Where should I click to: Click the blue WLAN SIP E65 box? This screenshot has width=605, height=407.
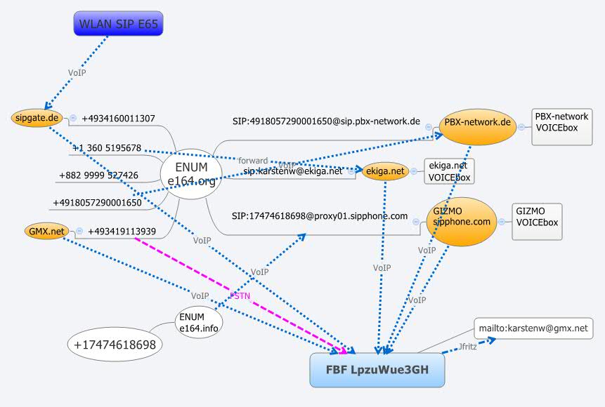[119, 25]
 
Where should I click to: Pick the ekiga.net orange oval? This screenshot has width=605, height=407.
[385, 171]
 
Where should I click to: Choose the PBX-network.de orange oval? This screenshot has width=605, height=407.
[477, 123]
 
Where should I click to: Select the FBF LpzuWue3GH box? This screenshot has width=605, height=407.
[377, 369]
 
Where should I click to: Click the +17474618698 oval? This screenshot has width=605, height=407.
[116, 345]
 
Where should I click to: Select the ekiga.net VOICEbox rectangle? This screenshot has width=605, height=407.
[448, 171]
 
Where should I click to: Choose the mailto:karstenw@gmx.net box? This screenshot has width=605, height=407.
[533, 328]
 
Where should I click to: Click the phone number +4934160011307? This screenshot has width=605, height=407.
[119, 119]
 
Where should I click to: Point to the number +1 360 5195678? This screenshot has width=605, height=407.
[107, 148]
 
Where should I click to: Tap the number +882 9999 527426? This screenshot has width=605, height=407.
[98, 175]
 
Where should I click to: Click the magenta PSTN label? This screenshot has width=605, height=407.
[240, 295]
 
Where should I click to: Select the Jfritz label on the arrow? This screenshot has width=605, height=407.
[467, 347]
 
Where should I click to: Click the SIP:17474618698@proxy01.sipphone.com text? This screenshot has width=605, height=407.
[320, 216]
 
